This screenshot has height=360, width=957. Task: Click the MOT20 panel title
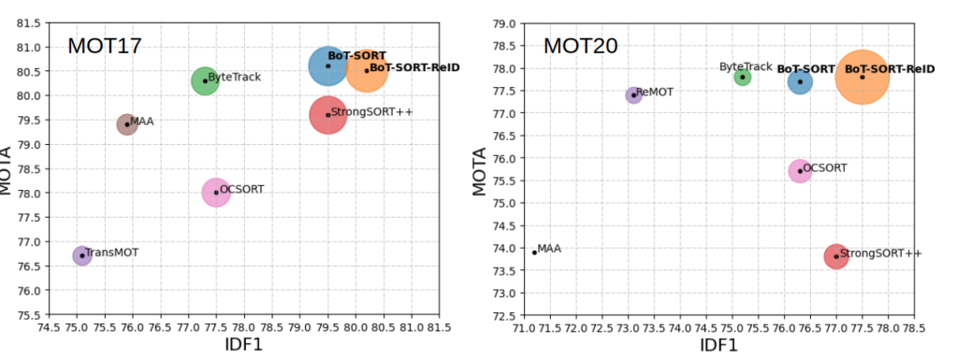580,46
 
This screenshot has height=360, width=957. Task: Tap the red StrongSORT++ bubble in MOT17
327,114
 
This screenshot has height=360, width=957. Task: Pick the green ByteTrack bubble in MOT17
205,80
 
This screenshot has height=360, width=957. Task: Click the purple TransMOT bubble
82,255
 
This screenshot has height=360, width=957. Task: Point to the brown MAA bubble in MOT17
127,123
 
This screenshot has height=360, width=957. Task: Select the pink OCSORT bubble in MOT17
216,192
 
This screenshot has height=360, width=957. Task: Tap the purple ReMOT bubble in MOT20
633,94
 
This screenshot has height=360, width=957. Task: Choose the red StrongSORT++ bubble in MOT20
836,255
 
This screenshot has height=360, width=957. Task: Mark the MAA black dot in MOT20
534,252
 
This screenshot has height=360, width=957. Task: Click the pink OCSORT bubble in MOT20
800,170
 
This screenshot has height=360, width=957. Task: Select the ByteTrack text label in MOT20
746,67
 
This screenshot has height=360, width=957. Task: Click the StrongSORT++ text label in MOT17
371,112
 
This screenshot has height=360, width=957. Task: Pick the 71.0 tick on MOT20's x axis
524,328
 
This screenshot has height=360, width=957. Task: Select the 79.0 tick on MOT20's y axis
504,23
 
